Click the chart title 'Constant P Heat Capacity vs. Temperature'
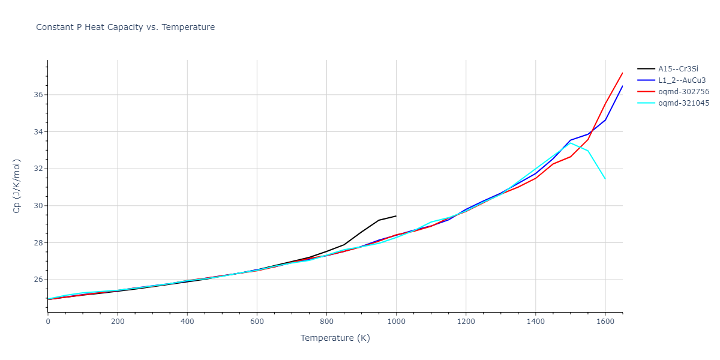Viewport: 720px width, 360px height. point(125,27)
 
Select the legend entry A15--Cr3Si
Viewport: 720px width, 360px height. point(678,69)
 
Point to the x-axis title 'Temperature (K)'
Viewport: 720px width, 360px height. point(335,338)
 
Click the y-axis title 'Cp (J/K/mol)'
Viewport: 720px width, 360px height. point(16,186)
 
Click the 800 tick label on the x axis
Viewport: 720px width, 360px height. point(326,322)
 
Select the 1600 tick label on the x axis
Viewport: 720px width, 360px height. point(605,322)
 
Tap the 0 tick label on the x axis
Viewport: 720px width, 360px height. point(48,322)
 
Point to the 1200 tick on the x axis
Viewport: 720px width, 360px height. point(466,322)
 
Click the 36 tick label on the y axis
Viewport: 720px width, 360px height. point(38,95)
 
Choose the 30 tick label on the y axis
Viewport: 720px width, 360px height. point(38,206)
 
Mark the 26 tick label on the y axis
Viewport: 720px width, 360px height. point(38,280)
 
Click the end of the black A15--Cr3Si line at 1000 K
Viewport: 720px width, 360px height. point(396,216)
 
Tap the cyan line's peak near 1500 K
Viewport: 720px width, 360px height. point(570,143)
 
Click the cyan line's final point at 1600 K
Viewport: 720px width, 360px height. point(605,179)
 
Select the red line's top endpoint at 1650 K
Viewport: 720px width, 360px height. point(622,73)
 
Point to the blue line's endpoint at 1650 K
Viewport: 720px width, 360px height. point(622,86)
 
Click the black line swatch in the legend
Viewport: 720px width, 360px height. point(646,69)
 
